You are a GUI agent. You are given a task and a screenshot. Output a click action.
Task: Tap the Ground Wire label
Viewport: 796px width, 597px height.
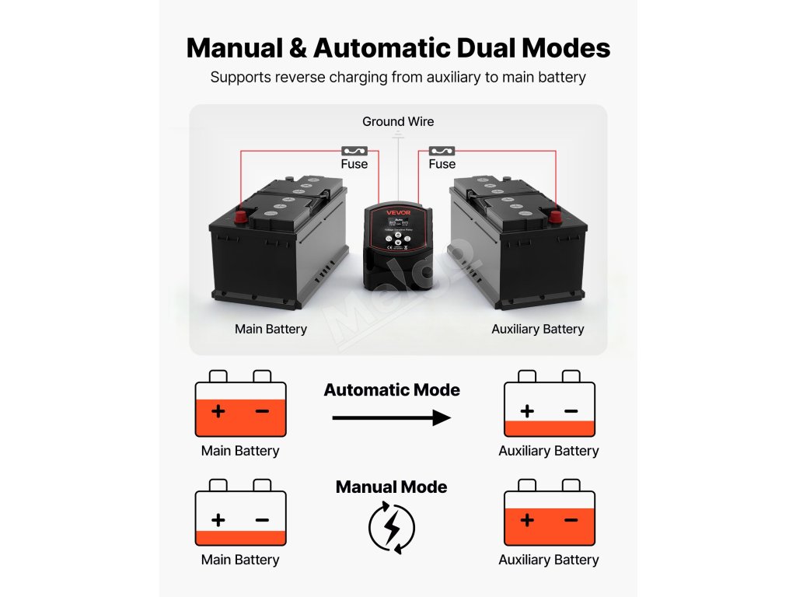[398, 122]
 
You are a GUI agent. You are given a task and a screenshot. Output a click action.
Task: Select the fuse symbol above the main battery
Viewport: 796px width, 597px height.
[354, 151]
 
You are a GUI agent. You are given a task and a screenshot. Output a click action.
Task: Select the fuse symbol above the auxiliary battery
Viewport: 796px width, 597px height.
[442, 151]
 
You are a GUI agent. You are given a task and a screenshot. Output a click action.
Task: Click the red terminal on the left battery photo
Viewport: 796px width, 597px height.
[241, 215]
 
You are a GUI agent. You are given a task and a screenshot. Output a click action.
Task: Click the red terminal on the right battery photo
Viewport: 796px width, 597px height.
[555, 217]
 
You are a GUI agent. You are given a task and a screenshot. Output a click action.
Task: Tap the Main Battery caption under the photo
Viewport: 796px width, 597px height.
[271, 329]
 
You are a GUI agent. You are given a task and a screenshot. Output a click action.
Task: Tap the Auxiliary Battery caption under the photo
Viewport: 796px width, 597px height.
[537, 329]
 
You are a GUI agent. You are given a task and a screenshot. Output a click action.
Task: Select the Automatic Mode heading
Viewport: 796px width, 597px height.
[392, 390]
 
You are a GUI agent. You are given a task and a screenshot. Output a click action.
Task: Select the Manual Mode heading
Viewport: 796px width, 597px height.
[391, 487]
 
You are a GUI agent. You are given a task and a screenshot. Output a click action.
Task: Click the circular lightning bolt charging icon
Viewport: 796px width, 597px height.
[391, 528]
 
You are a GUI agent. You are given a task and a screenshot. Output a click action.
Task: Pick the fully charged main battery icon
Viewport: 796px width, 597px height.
[240, 404]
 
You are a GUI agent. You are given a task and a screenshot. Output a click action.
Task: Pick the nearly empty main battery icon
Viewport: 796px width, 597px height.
[240, 513]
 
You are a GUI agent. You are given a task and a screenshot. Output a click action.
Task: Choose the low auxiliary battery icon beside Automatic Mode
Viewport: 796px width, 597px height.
[549, 404]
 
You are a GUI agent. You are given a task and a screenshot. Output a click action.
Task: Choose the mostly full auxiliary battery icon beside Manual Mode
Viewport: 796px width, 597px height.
[549, 513]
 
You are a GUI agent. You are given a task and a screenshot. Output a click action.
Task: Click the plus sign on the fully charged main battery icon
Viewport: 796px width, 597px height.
[218, 411]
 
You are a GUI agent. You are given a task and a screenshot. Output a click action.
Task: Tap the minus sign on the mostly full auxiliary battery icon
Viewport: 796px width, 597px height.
[571, 520]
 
